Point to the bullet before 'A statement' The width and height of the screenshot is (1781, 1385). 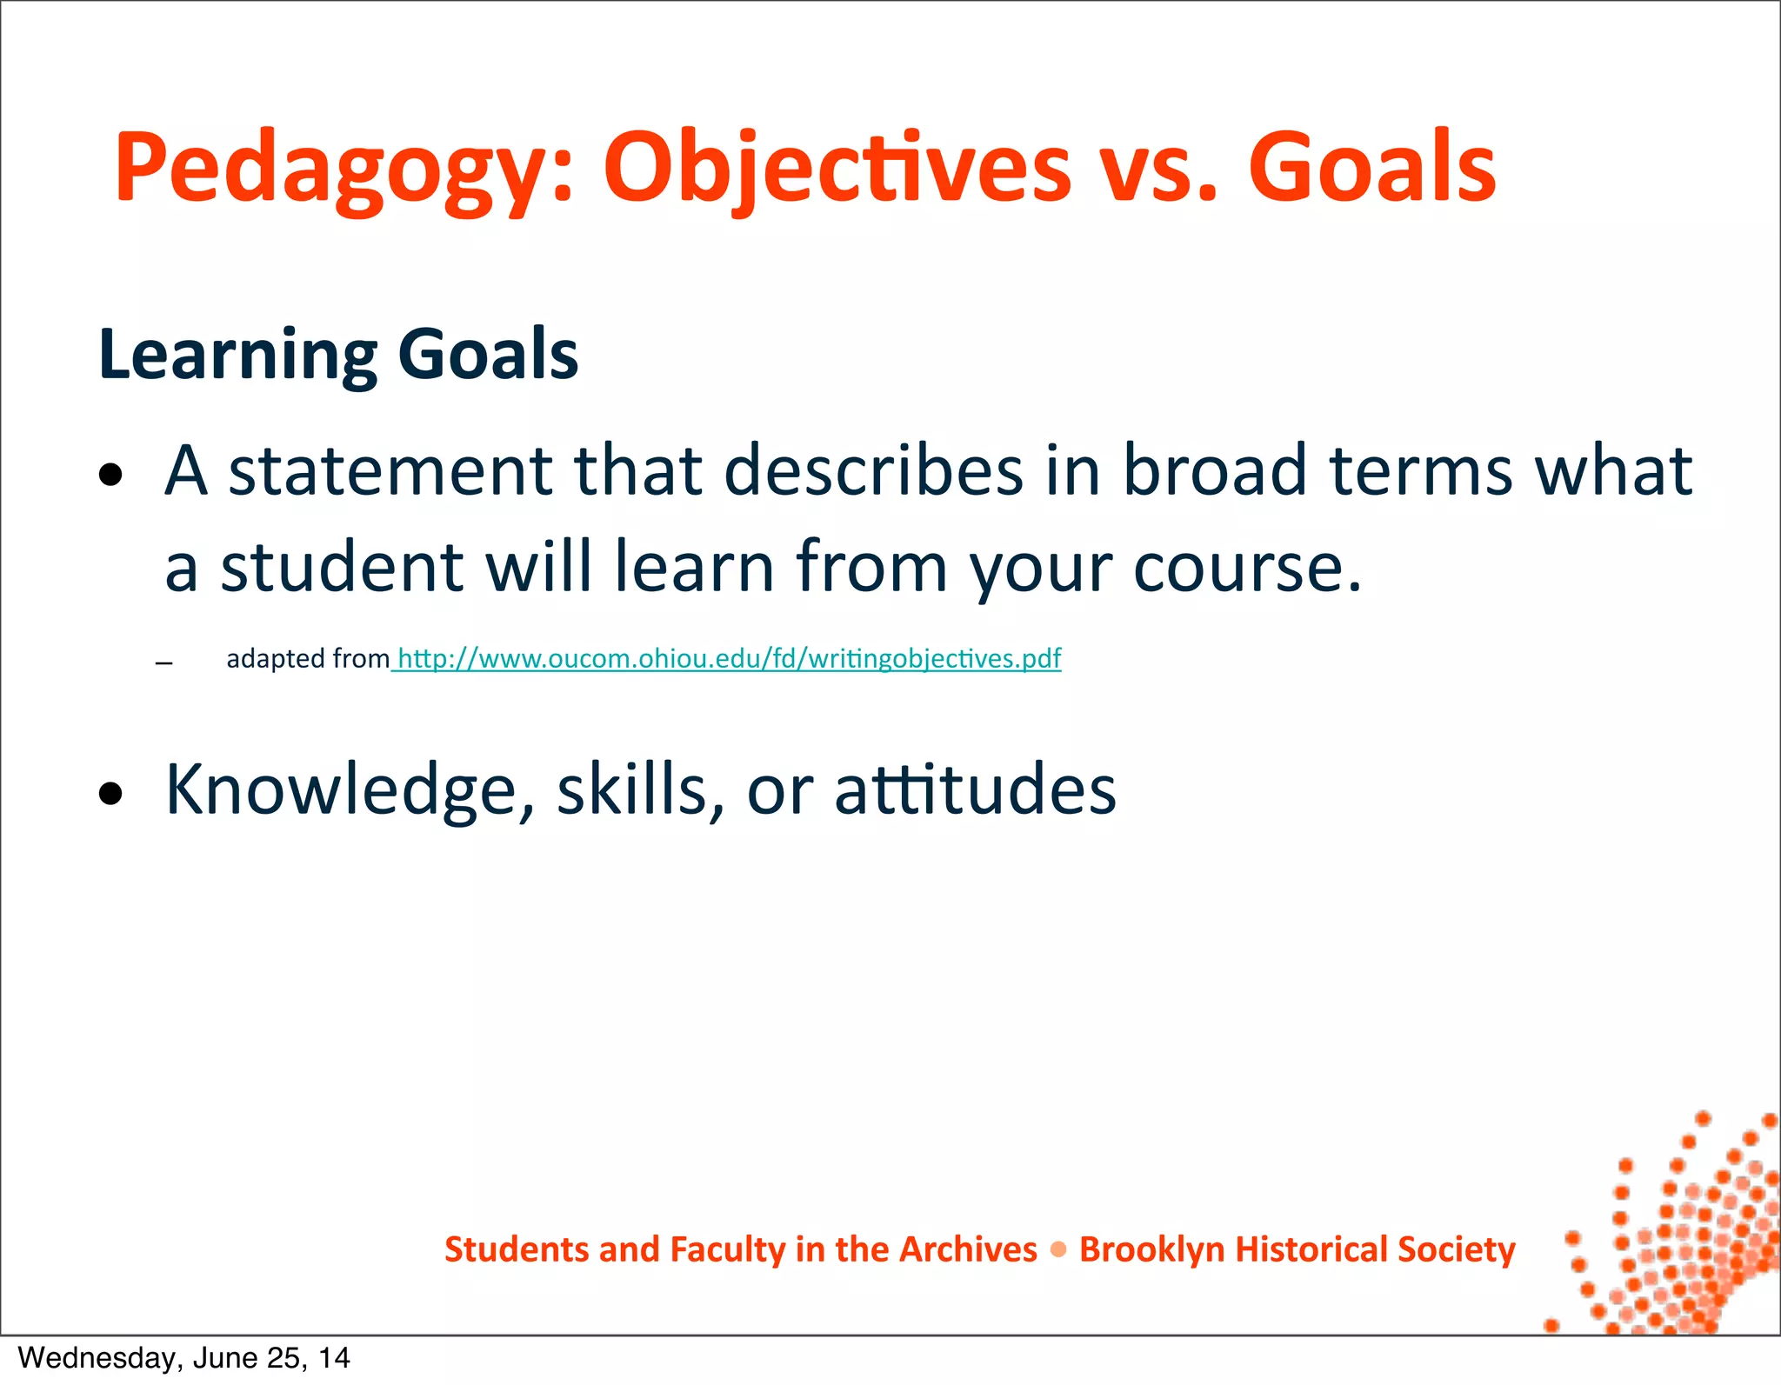pyautogui.click(x=110, y=476)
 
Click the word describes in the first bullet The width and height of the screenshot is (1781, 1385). pyautogui.click(x=873, y=470)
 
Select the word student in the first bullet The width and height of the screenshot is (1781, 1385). pyautogui.click(x=342, y=567)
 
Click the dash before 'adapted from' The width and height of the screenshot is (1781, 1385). pyautogui.click(x=163, y=663)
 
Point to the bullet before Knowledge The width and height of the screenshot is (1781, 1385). pyautogui.click(x=110, y=794)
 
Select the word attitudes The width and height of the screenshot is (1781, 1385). pyautogui.click(x=975, y=790)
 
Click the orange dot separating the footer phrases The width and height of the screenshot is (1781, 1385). pyautogui.click(x=1058, y=1250)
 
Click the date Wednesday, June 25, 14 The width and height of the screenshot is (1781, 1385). pyautogui.click(x=183, y=1358)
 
